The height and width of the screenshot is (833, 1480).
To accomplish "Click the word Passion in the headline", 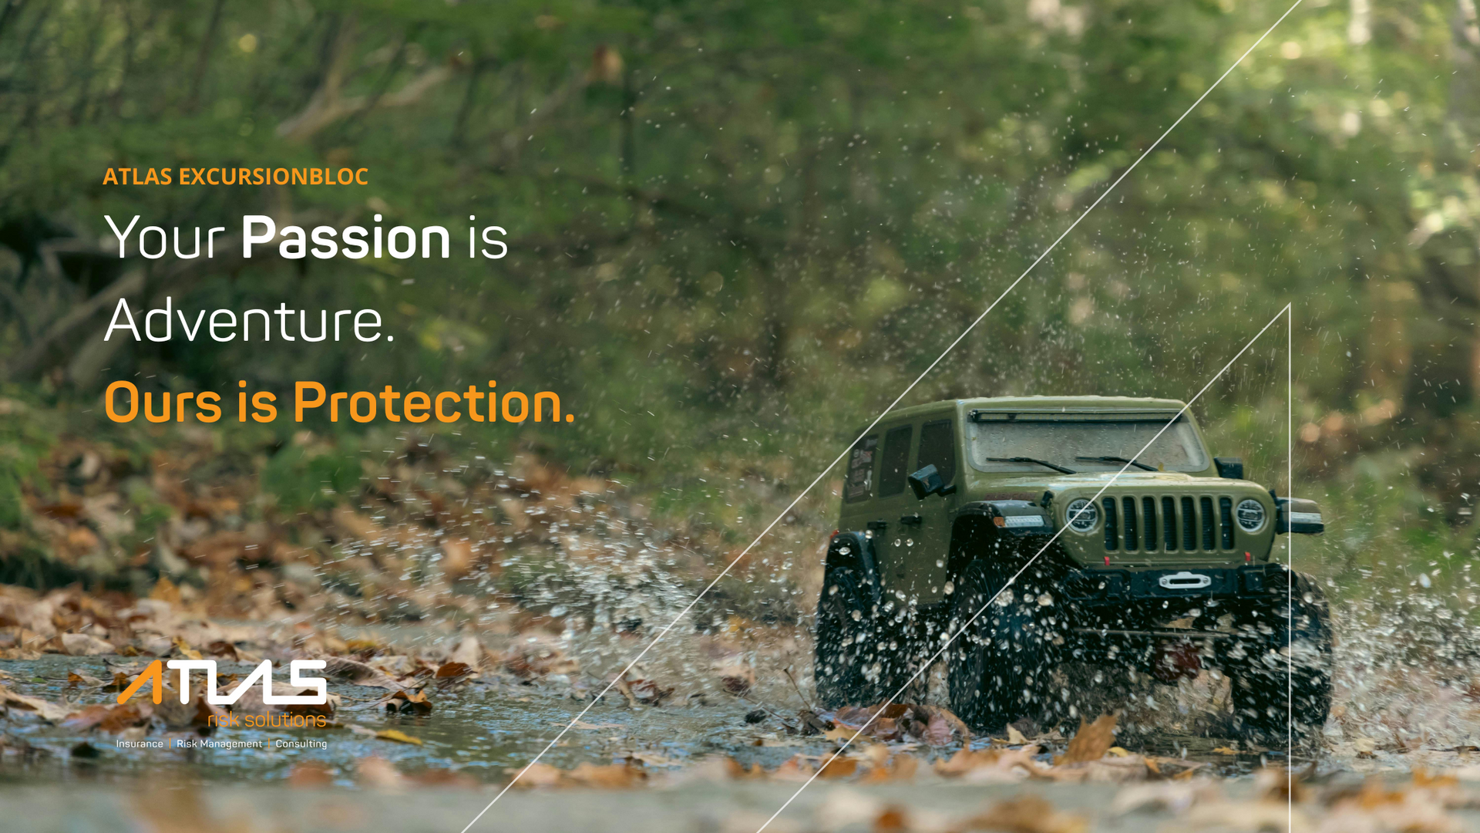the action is [345, 238].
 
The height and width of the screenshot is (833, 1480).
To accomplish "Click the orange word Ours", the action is [163, 403].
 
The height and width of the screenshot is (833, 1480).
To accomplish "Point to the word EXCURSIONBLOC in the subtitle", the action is [274, 177].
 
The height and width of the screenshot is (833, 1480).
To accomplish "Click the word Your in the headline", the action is [164, 238].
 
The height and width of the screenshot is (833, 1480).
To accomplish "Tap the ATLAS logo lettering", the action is [222, 683].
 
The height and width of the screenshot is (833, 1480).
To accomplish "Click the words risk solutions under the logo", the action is [267, 720].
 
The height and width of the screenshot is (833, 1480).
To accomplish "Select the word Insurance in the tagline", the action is [140, 744].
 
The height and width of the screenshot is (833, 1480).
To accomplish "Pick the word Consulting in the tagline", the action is [301, 744].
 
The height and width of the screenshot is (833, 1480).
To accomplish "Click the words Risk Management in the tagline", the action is [219, 744].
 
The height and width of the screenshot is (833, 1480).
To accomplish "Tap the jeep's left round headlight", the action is [1081, 514].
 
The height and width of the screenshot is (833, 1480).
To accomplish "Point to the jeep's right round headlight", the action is [1251, 514].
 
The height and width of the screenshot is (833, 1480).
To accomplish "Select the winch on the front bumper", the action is [1184, 581].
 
